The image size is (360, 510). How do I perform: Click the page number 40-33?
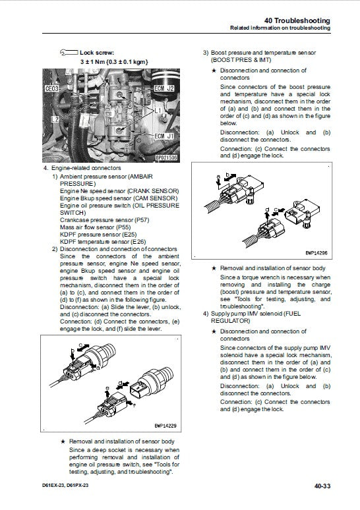[338, 486]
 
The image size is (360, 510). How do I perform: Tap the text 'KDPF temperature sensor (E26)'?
[102, 242]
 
